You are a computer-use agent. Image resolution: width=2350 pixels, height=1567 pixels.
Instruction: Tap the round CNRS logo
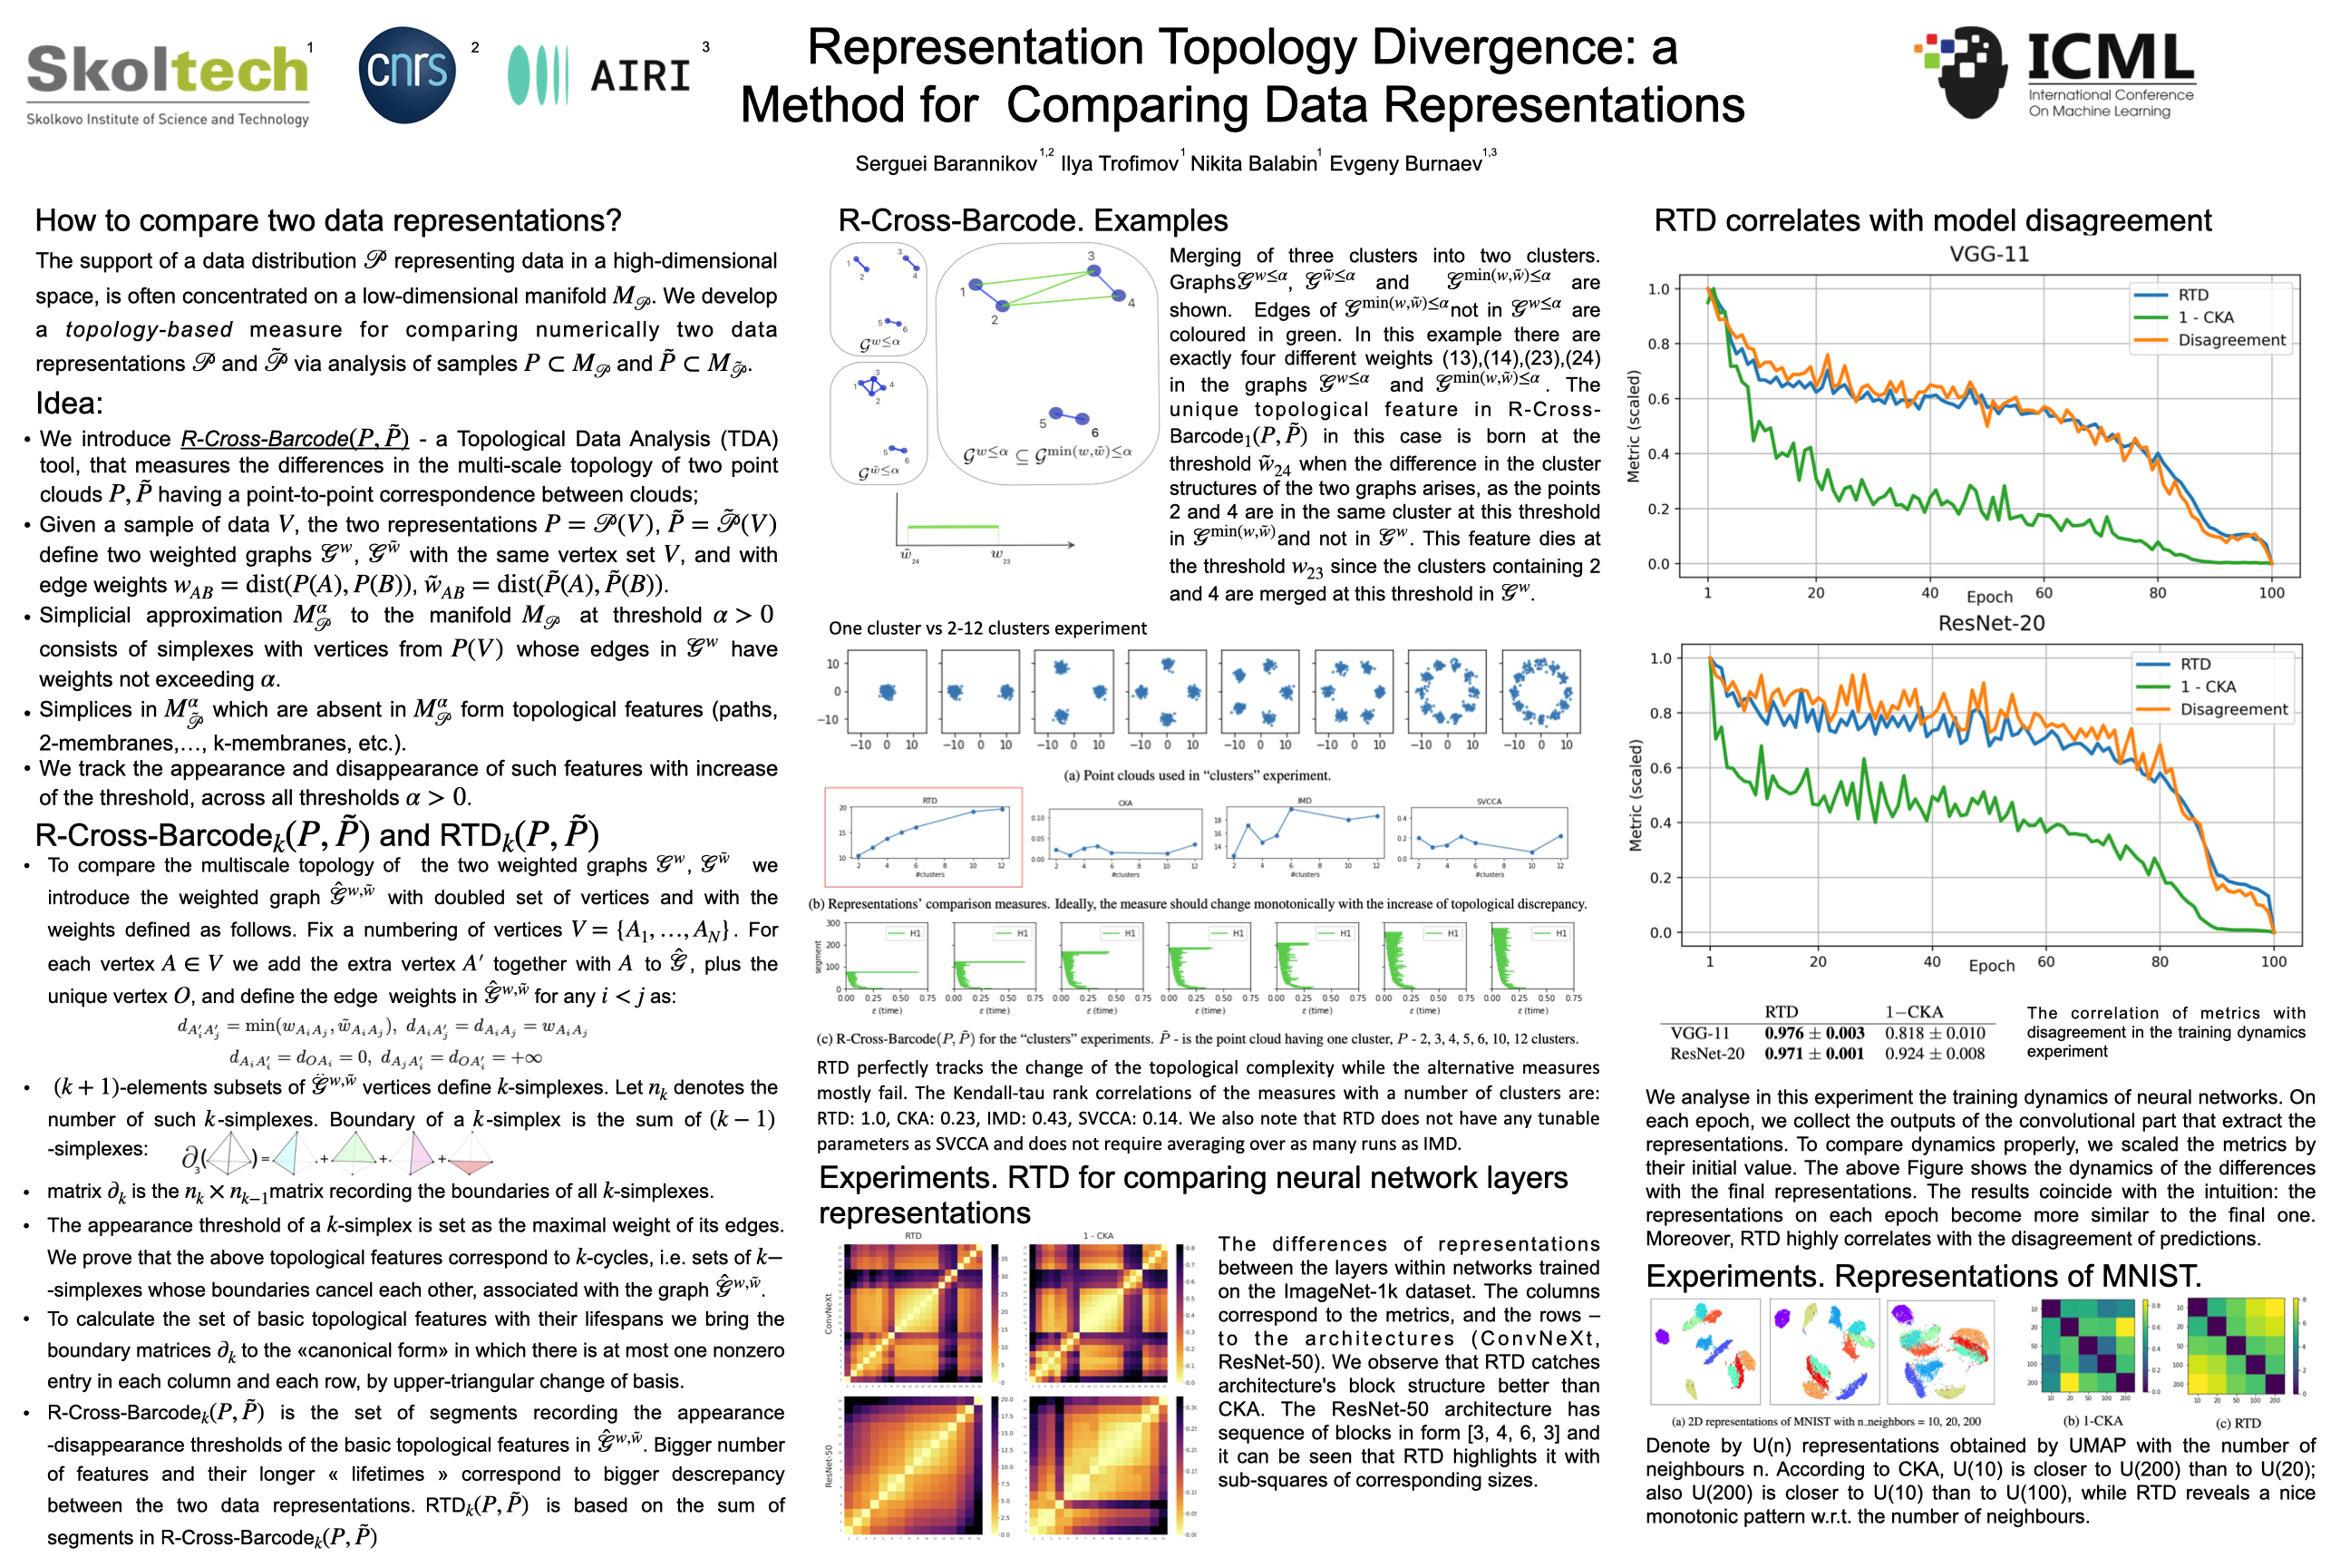pyautogui.click(x=407, y=74)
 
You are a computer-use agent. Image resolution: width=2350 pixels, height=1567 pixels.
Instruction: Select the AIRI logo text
pyautogui.click(x=640, y=76)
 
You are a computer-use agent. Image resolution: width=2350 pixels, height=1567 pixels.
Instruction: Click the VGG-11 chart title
pyautogui.click(x=1988, y=255)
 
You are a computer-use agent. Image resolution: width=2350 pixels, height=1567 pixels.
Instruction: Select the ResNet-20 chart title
pyautogui.click(x=1990, y=624)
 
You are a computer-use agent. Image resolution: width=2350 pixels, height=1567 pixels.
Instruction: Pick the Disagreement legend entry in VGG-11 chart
pyautogui.click(x=2231, y=341)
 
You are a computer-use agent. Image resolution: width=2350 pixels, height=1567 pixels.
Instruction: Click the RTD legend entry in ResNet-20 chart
pyautogui.click(x=2194, y=665)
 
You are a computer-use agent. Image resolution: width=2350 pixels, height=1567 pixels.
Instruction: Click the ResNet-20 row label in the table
pyautogui.click(x=1706, y=1054)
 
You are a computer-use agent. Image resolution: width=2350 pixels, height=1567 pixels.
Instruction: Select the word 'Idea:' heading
pyautogui.click(x=70, y=404)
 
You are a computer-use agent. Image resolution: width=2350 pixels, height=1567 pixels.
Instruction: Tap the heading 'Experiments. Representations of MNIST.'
pyautogui.click(x=1923, y=1276)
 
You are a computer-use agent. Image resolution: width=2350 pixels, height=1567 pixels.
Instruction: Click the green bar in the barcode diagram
pyautogui.click(x=951, y=527)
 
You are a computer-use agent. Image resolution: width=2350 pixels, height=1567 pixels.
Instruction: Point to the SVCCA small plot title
pyautogui.click(x=1489, y=802)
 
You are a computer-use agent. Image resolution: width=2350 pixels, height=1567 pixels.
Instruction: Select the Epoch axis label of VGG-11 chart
pyautogui.click(x=1988, y=597)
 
